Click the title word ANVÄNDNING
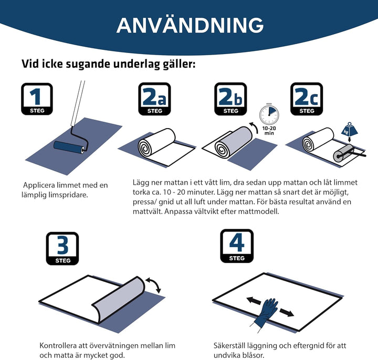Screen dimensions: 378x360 (190, 25)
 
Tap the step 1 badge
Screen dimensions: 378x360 (37, 99)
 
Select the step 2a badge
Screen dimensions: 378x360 (154, 99)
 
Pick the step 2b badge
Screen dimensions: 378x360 (230, 99)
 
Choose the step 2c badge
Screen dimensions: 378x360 (307, 99)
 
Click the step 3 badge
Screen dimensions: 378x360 (62, 248)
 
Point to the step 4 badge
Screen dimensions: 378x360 (237, 246)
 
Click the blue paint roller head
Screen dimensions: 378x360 (69, 147)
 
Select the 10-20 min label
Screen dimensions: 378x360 (269, 131)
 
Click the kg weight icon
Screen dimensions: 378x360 (349, 129)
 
